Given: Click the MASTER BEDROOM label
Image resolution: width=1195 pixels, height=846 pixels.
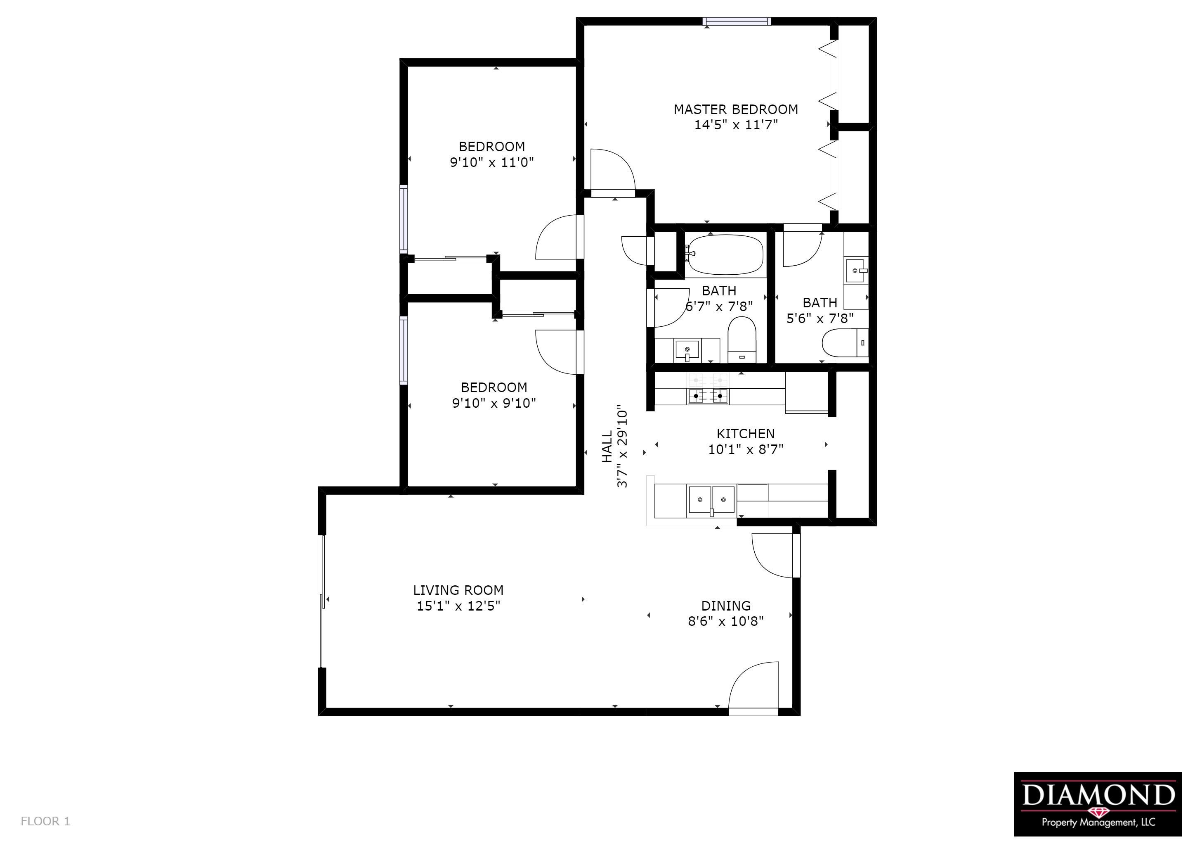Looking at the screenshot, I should (x=735, y=109).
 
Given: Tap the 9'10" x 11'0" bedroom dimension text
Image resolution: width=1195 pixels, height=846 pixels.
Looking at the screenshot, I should (x=491, y=162).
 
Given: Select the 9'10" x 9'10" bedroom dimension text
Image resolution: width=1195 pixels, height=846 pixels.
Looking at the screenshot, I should (x=494, y=403).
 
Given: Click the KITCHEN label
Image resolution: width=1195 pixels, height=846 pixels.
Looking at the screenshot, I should (x=745, y=433).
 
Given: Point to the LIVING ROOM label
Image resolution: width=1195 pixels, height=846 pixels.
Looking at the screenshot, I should (x=458, y=590).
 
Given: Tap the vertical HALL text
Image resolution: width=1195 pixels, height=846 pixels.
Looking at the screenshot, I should (x=607, y=447).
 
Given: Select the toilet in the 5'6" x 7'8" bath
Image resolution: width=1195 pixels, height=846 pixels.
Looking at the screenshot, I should (x=843, y=343).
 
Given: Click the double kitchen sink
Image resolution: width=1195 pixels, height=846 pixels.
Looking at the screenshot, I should (x=711, y=500).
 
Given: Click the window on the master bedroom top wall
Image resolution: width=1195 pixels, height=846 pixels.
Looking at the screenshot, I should (x=736, y=21).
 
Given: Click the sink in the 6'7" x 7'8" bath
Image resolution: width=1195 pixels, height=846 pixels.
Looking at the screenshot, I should (x=687, y=349).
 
